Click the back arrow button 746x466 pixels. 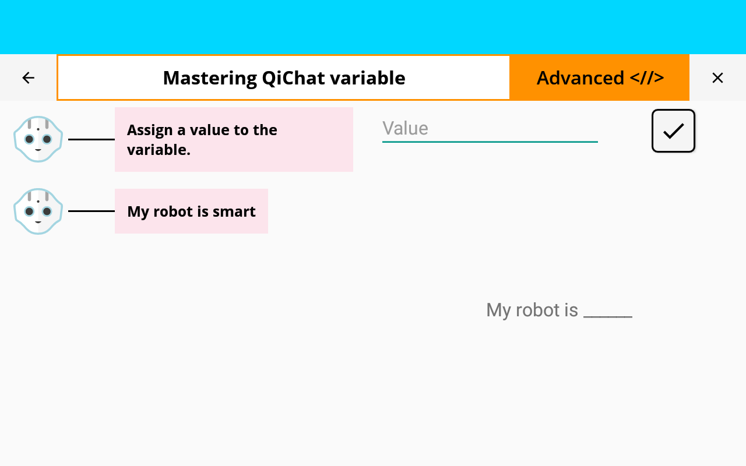(x=29, y=78)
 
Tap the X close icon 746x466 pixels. (x=717, y=78)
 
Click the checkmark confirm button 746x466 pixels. (x=673, y=131)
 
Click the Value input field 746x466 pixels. (x=490, y=129)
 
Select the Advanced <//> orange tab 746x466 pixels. (x=600, y=78)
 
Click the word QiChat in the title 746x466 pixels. (x=293, y=78)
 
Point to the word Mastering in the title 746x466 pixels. (x=210, y=79)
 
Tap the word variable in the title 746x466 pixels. (x=368, y=78)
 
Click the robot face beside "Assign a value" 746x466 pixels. (x=38, y=139)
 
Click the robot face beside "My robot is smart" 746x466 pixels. (x=38, y=211)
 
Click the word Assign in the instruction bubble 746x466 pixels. (x=150, y=130)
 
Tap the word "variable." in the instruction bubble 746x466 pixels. (x=159, y=150)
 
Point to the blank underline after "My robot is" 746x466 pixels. (x=608, y=316)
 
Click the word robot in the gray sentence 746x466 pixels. (x=538, y=310)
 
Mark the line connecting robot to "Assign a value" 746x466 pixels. (x=92, y=139)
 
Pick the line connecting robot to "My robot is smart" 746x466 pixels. (x=92, y=211)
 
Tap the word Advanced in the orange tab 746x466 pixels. (x=580, y=78)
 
